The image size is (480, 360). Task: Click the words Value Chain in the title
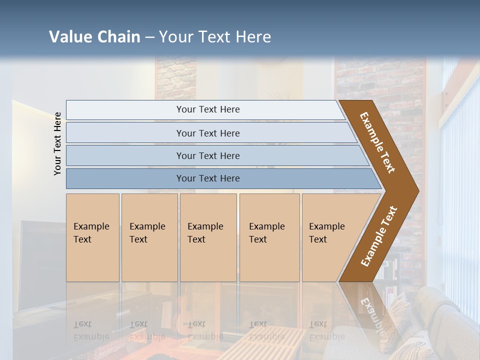click(x=94, y=37)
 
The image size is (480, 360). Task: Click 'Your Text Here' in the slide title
click(x=215, y=37)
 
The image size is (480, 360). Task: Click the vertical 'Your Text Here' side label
click(x=57, y=144)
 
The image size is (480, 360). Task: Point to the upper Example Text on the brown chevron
click(x=377, y=142)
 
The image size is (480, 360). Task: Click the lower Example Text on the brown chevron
click(x=378, y=236)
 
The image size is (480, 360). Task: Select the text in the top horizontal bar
click(x=208, y=109)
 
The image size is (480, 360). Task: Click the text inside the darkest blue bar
click(x=208, y=178)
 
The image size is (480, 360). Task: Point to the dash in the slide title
click(x=149, y=37)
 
